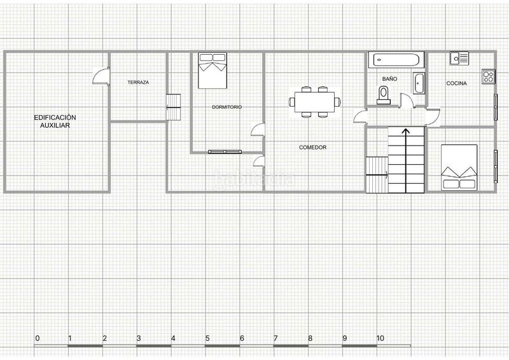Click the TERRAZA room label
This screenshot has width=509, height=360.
(x=138, y=83)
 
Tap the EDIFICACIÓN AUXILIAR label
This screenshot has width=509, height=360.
(x=55, y=121)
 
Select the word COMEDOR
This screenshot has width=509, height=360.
(x=312, y=148)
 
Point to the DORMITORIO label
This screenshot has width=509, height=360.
(x=227, y=107)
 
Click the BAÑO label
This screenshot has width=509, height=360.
(x=389, y=79)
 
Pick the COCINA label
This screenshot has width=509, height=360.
(x=456, y=83)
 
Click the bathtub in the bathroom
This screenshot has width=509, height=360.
(x=396, y=60)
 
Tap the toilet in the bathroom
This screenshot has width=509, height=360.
(x=384, y=95)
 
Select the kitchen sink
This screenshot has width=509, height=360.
(x=459, y=59)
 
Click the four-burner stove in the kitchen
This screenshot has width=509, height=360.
(x=488, y=77)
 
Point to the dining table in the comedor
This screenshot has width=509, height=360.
(x=314, y=102)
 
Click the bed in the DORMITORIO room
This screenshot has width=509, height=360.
(x=213, y=71)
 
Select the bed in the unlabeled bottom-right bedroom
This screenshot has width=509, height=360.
(x=459, y=167)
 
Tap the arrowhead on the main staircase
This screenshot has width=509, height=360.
(x=406, y=131)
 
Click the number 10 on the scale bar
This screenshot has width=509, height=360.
(x=380, y=338)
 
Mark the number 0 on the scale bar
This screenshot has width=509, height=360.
(x=38, y=338)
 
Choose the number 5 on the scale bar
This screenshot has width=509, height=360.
(x=207, y=338)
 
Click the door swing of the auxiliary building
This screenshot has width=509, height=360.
(x=101, y=76)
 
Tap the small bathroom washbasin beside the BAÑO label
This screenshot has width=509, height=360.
(x=419, y=83)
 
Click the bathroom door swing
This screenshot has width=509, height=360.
(x=407, y=99)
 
